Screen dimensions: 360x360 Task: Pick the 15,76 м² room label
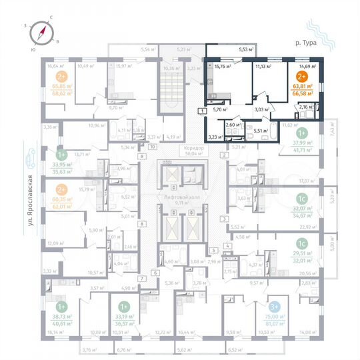221,67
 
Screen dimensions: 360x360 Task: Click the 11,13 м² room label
265,67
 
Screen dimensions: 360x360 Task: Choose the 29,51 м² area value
304,254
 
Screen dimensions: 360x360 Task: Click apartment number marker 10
152,146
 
